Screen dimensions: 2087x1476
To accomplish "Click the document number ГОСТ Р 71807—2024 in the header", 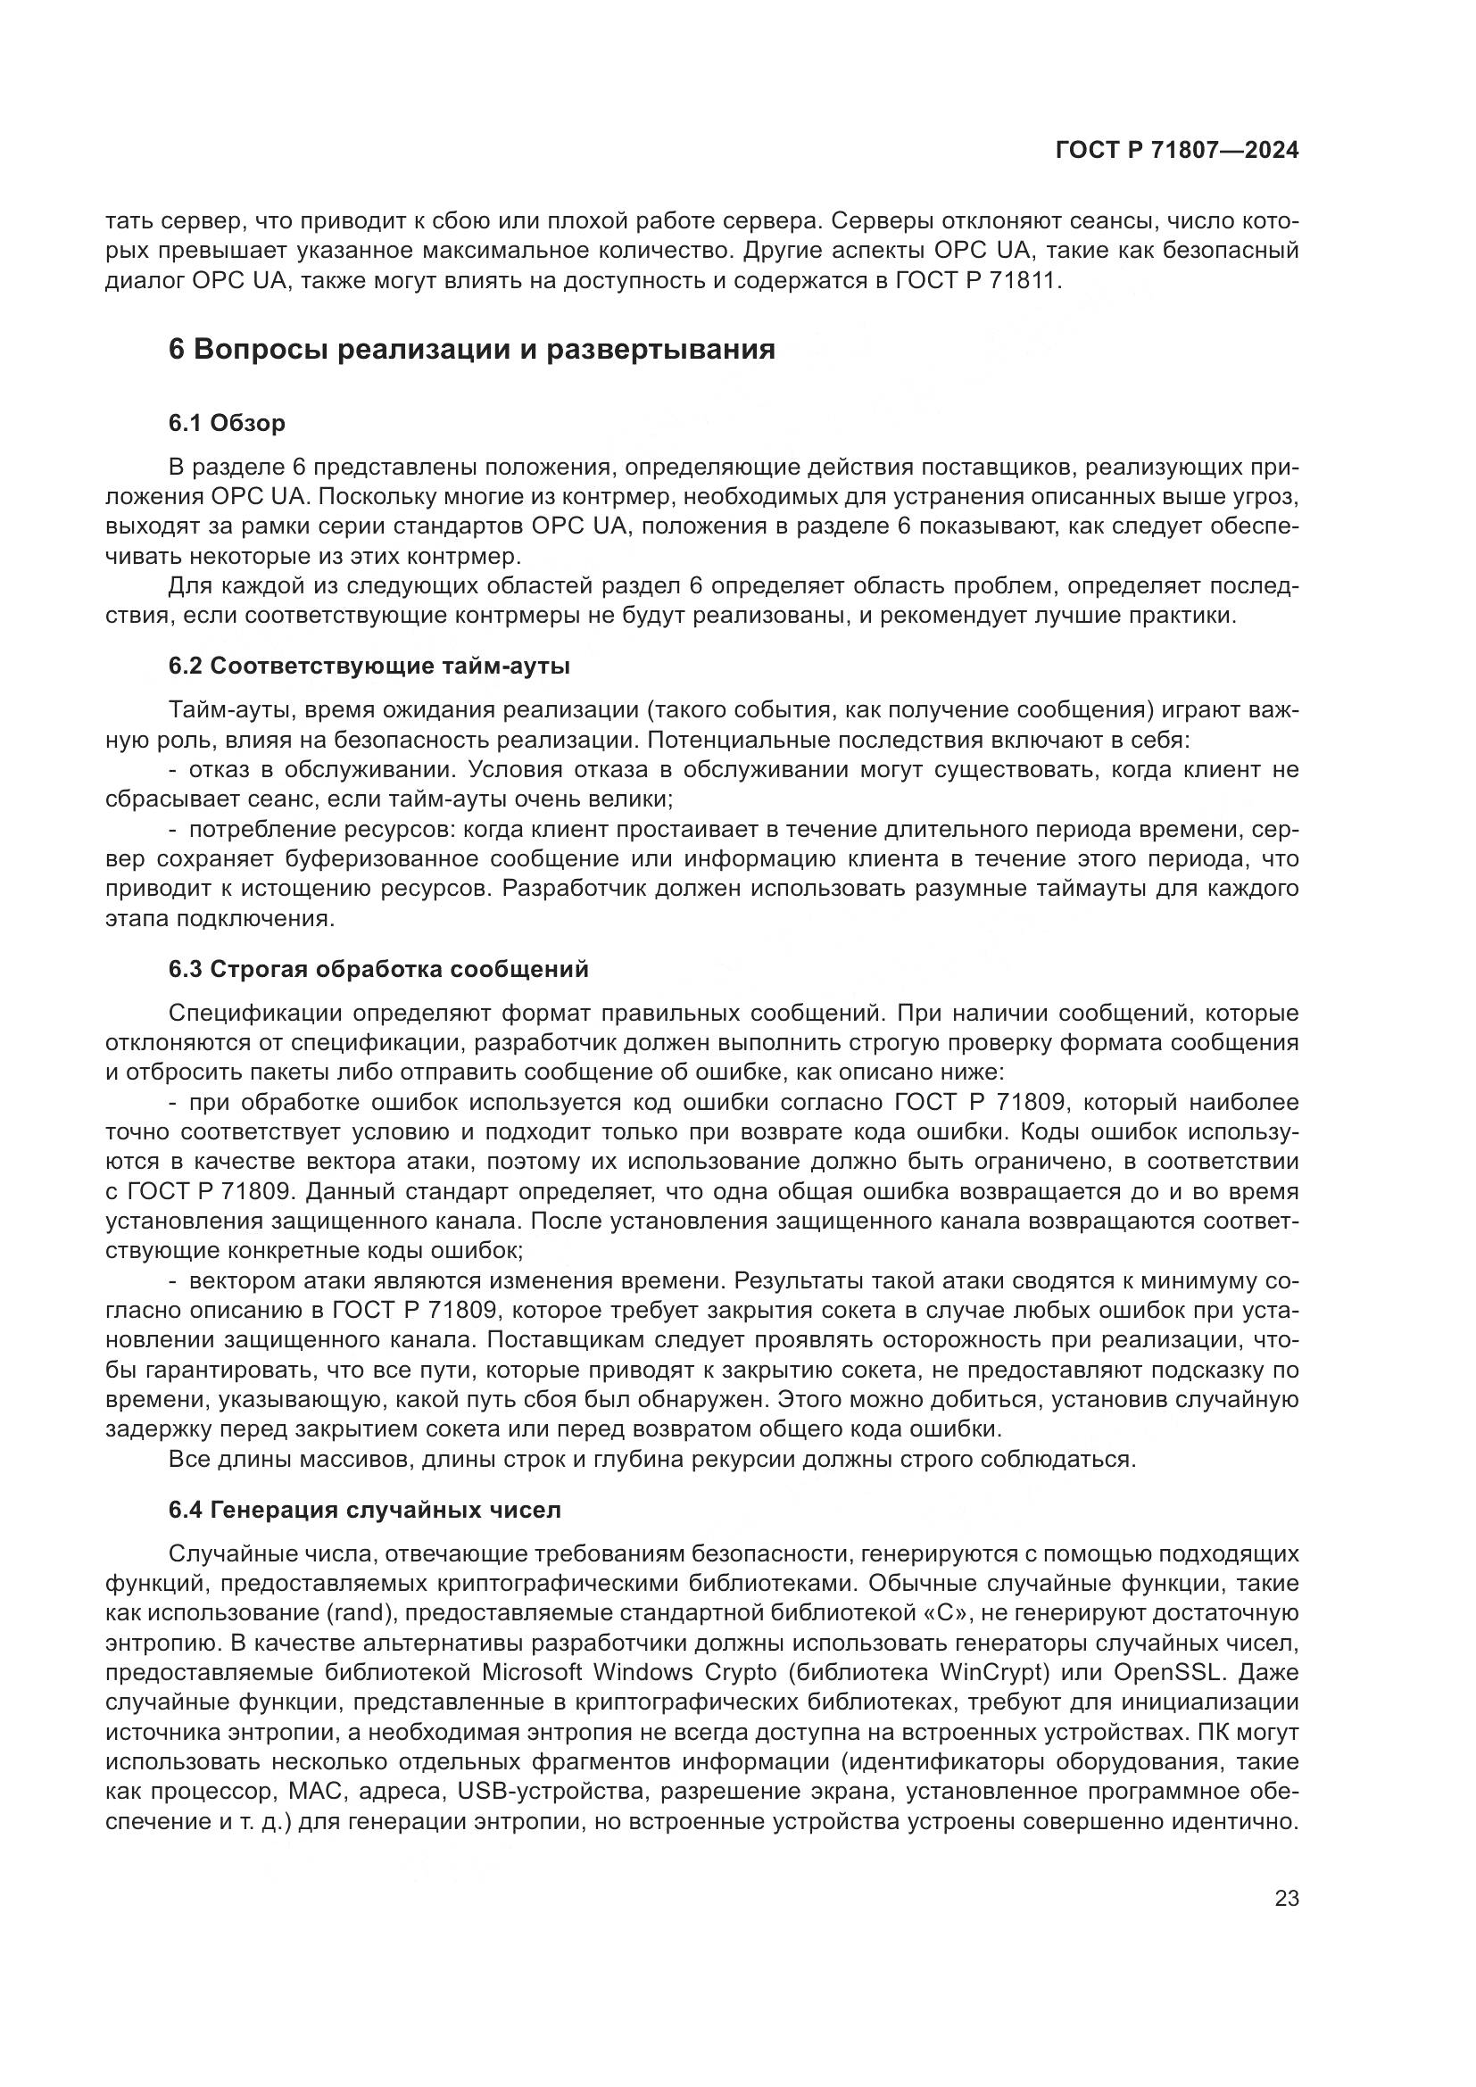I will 1176,151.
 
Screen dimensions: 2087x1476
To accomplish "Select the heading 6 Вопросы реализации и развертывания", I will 472,349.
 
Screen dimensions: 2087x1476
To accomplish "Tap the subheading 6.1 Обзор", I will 227,423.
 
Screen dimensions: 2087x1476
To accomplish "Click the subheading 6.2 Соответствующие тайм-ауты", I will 369,666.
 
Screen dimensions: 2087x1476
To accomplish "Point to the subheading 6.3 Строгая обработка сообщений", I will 378,969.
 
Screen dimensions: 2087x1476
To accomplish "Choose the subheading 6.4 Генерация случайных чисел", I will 364,1510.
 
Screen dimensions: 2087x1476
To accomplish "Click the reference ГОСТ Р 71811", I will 979,280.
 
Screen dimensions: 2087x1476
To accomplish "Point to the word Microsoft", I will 534,1672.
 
